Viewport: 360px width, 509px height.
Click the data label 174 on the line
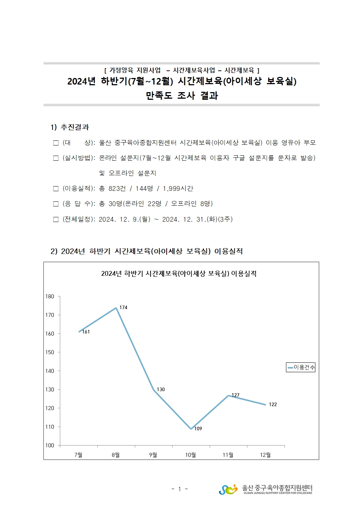pos(123,308)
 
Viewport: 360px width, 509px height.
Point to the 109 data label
pos(198,429)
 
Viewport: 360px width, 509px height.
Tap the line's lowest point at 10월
pos(191,429)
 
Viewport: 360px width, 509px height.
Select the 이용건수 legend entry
pos(301,368)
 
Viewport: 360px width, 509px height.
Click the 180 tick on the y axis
pos(50,296)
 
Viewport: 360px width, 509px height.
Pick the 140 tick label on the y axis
pos(50,371)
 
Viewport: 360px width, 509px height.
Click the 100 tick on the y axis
pos(50,446)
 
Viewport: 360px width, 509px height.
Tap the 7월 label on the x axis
pos(78,455)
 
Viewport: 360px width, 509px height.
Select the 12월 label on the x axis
pos(265,455)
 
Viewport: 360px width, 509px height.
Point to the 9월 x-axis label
pos(153,455)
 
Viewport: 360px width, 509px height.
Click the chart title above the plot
pos(179,274)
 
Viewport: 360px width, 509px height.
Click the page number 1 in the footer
pos(179,489)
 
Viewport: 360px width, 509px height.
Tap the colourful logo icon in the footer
pos(228,489)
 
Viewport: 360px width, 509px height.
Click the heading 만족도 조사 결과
pos(182,96)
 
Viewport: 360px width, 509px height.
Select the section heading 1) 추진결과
pos(70,127)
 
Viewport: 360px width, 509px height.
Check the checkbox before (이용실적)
pos(56,189)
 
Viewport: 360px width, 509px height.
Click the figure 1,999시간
pos(178,189)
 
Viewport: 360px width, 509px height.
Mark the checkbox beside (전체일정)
pos(56,219)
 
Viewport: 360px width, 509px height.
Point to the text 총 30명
pos(111,204)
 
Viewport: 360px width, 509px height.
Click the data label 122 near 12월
pos(273,405)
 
